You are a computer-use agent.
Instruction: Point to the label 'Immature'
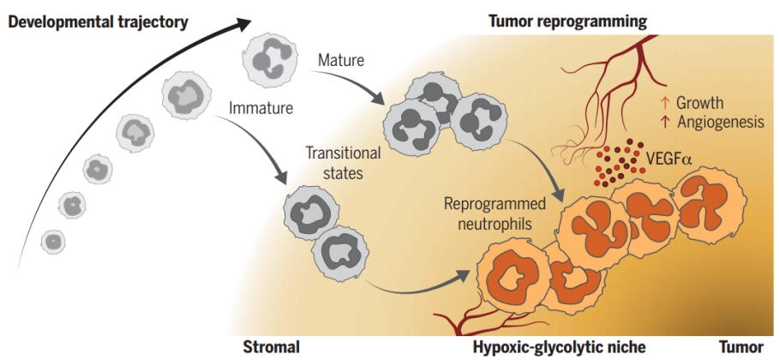click(261, 109)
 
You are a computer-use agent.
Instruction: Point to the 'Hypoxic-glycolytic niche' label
click(548, 347)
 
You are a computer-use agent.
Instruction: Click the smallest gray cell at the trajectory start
click(52, 242)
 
